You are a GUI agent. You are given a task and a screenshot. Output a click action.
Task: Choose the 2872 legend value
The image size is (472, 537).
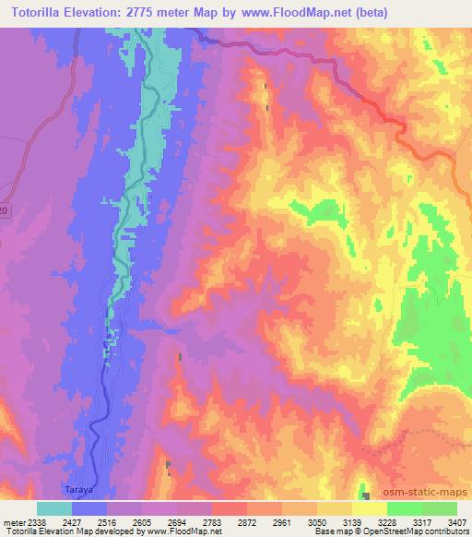(247, 521)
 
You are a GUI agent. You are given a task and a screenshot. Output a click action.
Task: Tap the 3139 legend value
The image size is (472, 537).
(353, 521)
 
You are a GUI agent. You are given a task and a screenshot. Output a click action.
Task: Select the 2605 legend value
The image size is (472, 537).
(141, 521)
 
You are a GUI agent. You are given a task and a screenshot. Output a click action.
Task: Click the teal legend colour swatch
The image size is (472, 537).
(53, 508)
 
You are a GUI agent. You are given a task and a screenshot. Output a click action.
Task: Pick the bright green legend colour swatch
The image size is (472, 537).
(404, 508)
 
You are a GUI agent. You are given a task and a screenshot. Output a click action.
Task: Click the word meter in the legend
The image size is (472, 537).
(11, 521)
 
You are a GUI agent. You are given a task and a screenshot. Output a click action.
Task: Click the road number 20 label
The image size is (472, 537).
(4, 212)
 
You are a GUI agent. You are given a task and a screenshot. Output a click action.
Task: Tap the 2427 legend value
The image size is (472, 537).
(71, 521)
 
